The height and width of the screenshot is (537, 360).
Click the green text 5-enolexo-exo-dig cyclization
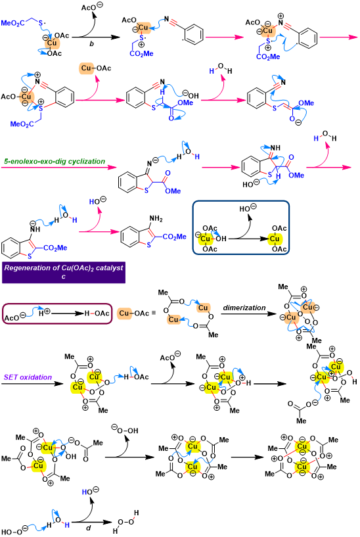coord(55,161)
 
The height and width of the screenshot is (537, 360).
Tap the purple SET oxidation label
coord(28,377)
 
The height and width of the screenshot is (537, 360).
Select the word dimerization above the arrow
coord(244,308)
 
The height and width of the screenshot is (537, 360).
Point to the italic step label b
coord(91,43)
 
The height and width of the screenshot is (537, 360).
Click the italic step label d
coord(89,528)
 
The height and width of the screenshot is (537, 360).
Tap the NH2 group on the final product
coord(156,219)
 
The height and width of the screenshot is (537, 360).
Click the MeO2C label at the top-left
coord(12,23)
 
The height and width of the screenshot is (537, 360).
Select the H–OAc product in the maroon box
coord(97,313)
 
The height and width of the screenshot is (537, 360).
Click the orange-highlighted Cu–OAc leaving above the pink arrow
coord(95,68)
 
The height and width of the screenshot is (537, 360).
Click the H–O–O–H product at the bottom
coord(126,522)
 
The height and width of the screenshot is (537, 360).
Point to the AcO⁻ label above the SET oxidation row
coord(170,356)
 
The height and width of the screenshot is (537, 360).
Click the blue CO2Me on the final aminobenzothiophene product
coord(175,237)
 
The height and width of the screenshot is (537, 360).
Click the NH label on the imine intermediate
coord(275,148)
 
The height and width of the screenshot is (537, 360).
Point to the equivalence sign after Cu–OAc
coord(153,313)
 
